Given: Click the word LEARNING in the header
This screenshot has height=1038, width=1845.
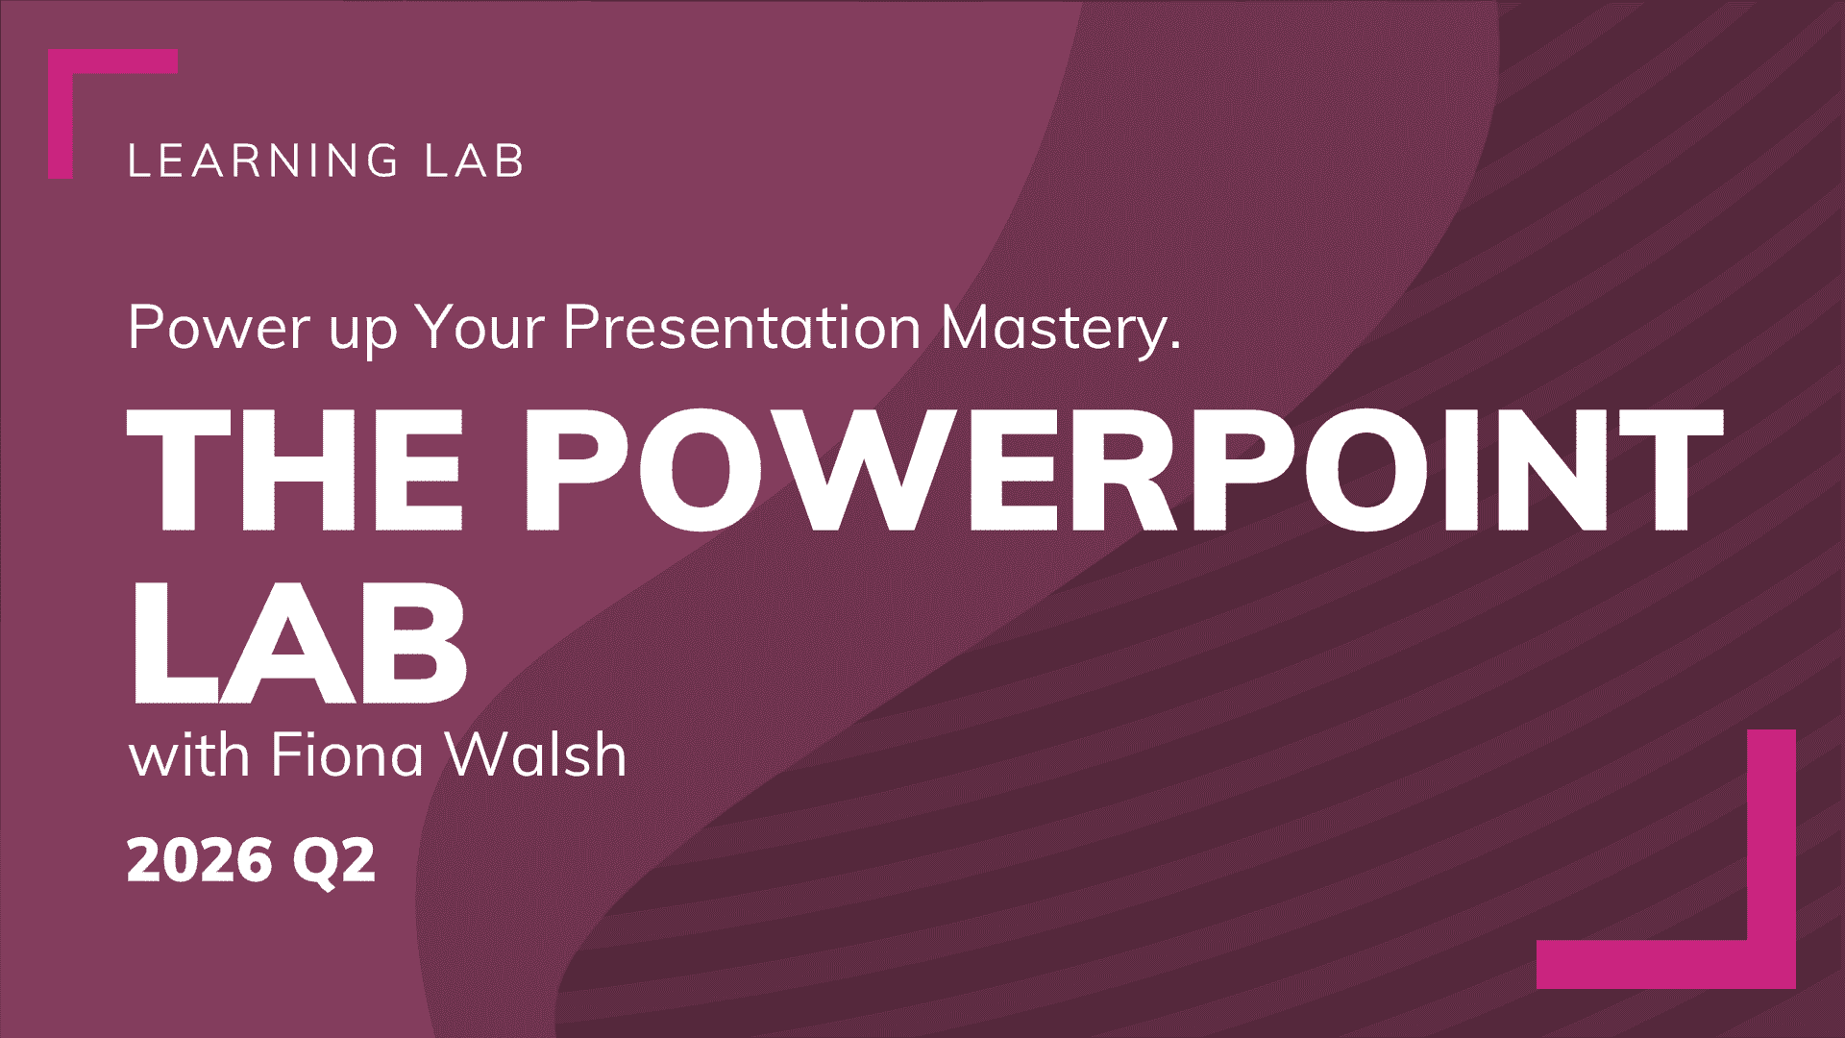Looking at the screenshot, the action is pos(262,161).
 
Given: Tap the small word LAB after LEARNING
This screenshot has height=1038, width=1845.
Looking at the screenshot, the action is pos(475,161).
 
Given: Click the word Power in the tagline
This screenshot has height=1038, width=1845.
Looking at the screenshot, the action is pos(218,328).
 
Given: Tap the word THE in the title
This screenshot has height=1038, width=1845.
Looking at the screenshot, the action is pos(296,470).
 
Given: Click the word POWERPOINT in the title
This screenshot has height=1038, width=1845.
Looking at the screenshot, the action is pos(1124,470).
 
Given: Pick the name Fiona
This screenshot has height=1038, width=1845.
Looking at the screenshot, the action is pos(347,754).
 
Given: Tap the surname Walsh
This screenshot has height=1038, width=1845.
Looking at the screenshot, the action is pos(536,754).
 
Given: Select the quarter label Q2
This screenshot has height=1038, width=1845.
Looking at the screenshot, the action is pos(333,861).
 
